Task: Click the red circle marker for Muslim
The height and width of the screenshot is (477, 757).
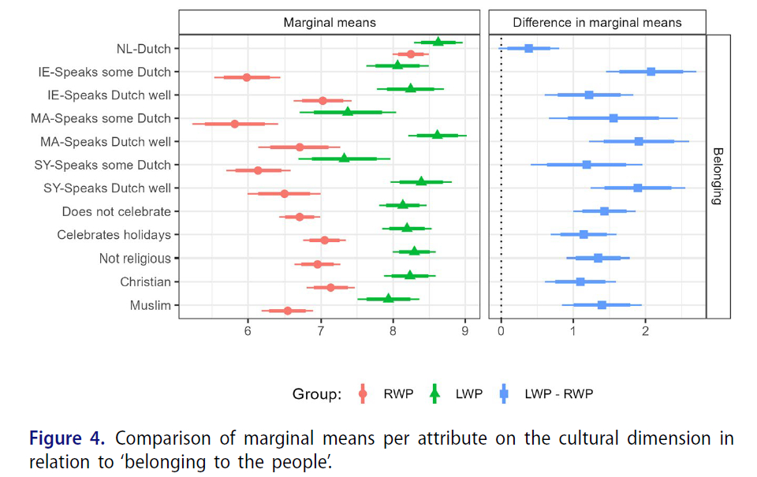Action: (x=288, y=311)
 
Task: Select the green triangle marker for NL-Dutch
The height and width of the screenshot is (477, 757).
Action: (x=438, y=42)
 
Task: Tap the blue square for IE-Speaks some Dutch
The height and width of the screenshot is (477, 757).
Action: (x=651, y=72)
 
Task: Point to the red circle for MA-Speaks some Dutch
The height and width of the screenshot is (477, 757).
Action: (x=234, y=124)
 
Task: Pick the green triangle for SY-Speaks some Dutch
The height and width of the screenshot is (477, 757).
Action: (x=344, y=158)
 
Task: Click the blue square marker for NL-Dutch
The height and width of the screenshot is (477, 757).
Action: (x=528, y=48)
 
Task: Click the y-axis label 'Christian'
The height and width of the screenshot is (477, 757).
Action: (x=145, y=281)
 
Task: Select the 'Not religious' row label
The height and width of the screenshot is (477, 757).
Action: (x=135, y=258)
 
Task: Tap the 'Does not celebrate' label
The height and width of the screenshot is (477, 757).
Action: (x=117, y=211)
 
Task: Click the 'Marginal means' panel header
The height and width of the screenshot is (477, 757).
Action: (x=330, y=23)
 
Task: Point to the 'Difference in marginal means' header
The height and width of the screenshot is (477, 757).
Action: (x=597, y=23)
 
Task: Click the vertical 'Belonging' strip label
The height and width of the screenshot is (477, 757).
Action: (x=717, y=176)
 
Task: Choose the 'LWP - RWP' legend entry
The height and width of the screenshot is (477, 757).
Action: (x=558, y=394)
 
